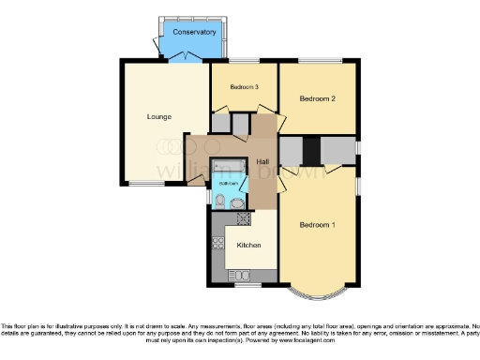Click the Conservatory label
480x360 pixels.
(193, 32)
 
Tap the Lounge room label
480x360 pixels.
(157, 117)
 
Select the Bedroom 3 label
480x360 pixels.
(243, 86)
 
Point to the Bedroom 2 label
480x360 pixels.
(317, 98)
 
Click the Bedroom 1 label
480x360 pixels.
(317, 225)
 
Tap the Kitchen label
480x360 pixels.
(248, 246)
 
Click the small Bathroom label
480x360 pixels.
(229, 184)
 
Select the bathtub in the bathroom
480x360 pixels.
(229, 168)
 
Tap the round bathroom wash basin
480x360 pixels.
(238, 202)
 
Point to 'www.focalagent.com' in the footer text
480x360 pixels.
(349, 337)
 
